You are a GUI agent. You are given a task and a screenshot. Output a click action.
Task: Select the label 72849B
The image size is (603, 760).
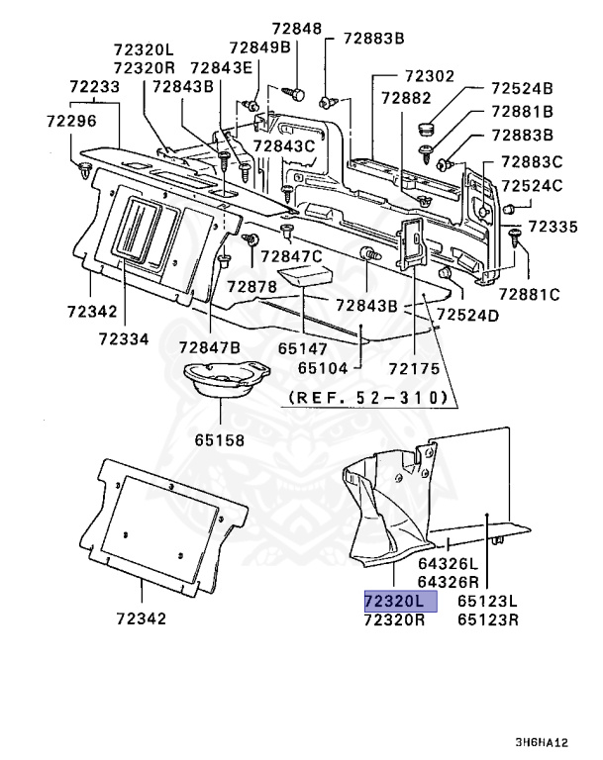click(x=259, y=47)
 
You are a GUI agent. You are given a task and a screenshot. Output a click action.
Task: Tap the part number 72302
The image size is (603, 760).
click(x=429, y=75)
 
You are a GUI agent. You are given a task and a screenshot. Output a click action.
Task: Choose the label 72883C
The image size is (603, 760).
click(x=531, y=161)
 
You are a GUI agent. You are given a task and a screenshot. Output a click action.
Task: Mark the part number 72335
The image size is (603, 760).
click(x=553, y=227)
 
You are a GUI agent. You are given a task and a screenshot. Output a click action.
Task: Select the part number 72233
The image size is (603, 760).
click(x=94, y=88)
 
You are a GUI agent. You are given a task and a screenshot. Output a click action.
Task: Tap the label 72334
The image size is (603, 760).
click(x=123, y=338)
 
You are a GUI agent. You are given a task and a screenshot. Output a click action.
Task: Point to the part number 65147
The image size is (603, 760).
click(x=302, y=348)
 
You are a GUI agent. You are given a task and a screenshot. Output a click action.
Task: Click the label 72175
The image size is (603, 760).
click(x=413, y=367)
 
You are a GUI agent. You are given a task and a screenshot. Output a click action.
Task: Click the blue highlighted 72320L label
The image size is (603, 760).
click(x=393, y=601)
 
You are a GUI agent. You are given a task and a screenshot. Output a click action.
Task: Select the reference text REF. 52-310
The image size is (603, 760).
click(x=368, y=398)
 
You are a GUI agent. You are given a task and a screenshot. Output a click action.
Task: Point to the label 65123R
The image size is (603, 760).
click(x=488, y=619)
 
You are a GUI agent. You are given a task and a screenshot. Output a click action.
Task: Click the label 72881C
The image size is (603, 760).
click(x=529, y=294)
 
